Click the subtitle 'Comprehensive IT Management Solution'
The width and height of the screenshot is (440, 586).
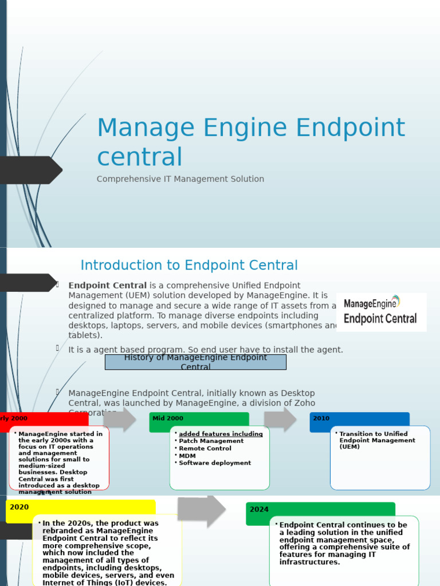[180, 179]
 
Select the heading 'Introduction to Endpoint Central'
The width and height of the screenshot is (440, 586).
[189, 266]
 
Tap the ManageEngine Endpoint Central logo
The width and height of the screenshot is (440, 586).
[381, 312]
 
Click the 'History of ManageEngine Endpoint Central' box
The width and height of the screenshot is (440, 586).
[195, 362]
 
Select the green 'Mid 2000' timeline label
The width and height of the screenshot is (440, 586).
[199, 418]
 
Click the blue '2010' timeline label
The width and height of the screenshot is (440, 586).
[359, 418]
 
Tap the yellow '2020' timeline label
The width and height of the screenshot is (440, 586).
[80, 508]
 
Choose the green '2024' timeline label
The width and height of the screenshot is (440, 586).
[320, 509]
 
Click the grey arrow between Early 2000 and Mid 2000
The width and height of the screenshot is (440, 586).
[119, 419]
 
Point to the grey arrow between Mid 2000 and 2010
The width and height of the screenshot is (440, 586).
[280, 419]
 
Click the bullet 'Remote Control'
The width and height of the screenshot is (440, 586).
[205, 449]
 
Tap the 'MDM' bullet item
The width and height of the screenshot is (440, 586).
[187, 456]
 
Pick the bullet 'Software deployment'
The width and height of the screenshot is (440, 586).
[214, 463]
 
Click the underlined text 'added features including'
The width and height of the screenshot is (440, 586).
[221, 434]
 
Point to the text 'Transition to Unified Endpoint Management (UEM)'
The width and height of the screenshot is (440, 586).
[377, 440]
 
